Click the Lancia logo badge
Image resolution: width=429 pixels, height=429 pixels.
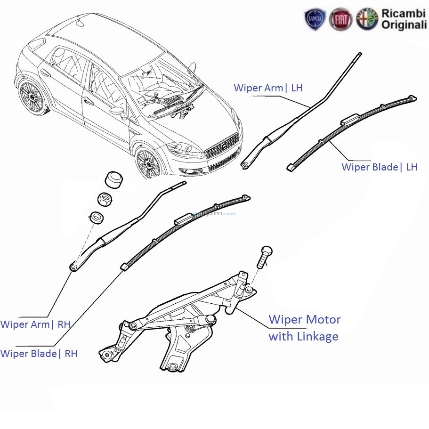[315, 19]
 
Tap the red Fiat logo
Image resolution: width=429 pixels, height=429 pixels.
[340, 19]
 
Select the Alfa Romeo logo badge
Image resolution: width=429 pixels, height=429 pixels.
[367, 19]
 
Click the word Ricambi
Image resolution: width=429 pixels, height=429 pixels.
[404, 14]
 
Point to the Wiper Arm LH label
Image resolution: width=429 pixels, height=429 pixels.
[268, 88]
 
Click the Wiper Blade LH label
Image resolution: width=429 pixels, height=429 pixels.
[379, 167]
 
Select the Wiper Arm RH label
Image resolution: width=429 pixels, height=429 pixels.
[35, 324]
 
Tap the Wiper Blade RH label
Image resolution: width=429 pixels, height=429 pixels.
[39, 353]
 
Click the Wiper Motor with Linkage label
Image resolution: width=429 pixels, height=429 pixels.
[304, 328]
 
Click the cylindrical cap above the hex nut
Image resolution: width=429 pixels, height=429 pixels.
[113, 179]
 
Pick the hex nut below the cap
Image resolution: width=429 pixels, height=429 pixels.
[105, 200]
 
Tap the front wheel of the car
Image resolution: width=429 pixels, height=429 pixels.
[148, 163]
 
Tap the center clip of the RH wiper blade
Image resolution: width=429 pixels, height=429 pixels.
[184, 218]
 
